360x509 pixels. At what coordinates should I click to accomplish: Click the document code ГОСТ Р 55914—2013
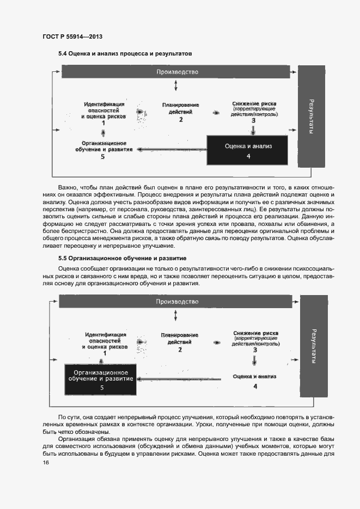click(x=72, y=36)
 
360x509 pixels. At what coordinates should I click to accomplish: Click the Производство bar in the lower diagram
click(x=177, y=302)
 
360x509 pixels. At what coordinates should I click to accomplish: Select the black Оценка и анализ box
click(x=248, y=150)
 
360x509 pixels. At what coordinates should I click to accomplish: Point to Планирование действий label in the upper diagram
click(x=180, y=108)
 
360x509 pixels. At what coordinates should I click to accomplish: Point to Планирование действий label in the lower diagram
click(x=180, y=339)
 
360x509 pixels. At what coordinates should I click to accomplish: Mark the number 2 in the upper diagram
click(x=181, y=120)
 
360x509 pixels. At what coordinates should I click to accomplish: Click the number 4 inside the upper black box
click(x=248, y=156)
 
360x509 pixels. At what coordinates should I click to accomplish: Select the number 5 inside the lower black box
click(x=101, y=388)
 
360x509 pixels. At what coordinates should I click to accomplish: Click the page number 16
click(x=46, y=462)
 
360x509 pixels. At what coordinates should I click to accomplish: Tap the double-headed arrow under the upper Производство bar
click(x=175, y=86)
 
